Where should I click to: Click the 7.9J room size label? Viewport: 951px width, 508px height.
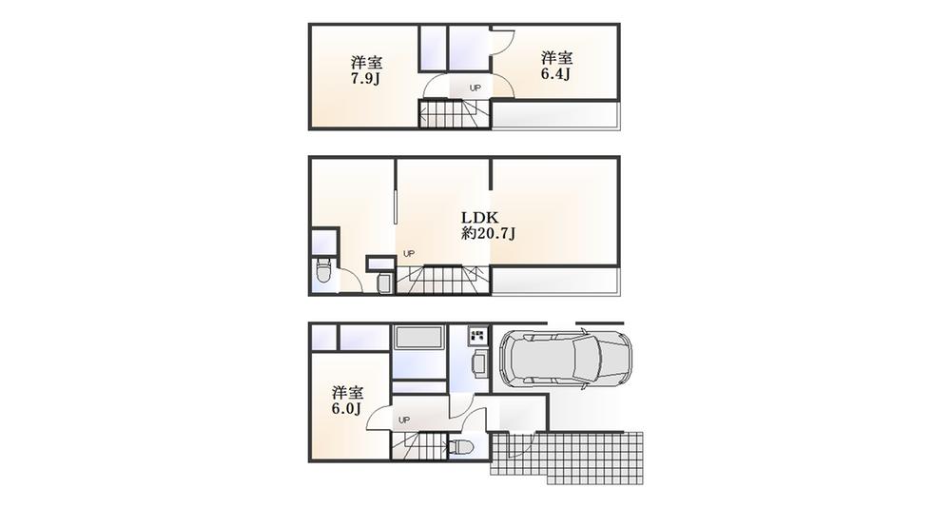point(364,78)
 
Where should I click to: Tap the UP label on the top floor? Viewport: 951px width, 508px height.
point(475,89)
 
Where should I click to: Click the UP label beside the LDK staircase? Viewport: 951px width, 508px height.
point(408,254)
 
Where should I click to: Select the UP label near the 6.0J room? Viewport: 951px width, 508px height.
point(403,420)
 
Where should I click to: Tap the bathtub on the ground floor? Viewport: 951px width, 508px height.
point(418,340)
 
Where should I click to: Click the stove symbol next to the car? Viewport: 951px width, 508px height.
point(477,336)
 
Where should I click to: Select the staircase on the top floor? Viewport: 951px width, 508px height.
point(454,116)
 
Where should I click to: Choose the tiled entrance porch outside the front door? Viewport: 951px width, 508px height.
point(571,454)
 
